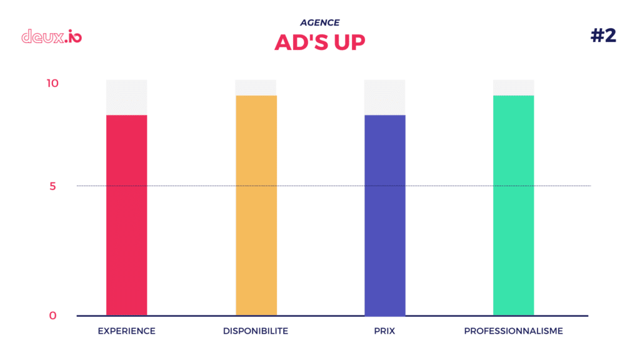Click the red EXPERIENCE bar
coord(126,215)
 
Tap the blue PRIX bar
coord(384,215)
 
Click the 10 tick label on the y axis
coord(52,83)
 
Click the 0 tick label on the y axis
coord(54,316)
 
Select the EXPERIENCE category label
coord(126,331)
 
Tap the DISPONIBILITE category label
coord(256,331)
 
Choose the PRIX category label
coord(384,331)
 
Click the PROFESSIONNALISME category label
coord(513,331)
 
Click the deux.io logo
coord(51,36)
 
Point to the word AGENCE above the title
coord(320,22)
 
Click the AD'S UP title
coord(320,42)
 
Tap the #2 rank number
coord(603,36)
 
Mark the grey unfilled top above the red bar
coord(126,97)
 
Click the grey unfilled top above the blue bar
coord(384,97)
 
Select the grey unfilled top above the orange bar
coord(256,87)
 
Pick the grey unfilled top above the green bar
coord(513,87)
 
